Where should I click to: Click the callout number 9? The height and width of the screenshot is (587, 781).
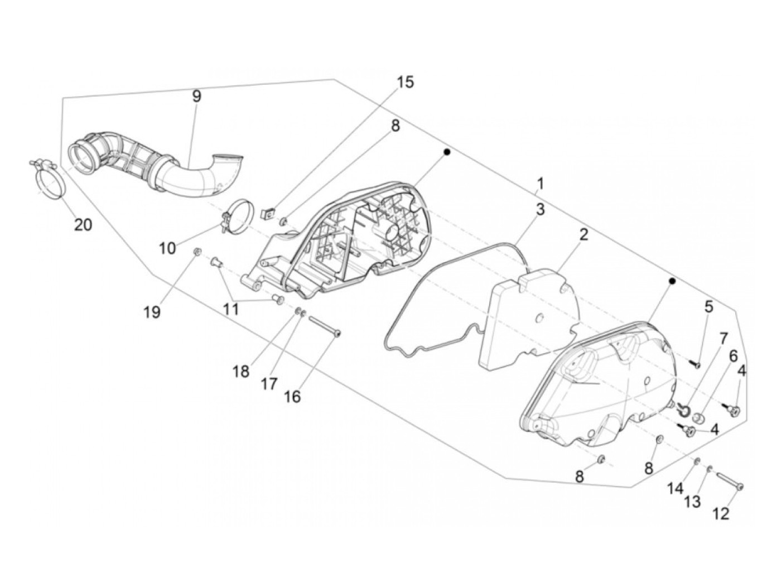(196, 96)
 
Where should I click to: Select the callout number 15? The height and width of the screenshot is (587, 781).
(406, 82)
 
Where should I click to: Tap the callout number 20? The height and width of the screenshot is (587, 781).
(83, 224)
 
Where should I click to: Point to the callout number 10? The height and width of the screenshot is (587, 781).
(167, 248)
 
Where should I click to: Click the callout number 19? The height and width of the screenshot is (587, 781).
(152, 311)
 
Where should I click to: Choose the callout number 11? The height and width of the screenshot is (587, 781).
(231, 308)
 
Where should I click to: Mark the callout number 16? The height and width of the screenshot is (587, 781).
(292, 396)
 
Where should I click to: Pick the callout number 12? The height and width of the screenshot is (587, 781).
(721, 513)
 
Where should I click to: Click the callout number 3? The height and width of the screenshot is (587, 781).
(540, 210)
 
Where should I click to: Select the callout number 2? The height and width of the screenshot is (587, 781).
(584, 234)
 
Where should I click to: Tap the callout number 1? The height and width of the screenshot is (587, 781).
(540, 182)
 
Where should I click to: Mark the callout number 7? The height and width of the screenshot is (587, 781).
(724, 339)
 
